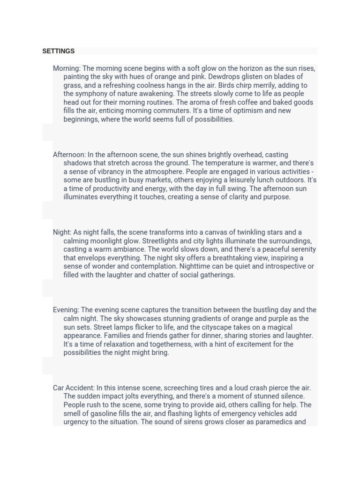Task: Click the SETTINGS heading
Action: click(58, 51)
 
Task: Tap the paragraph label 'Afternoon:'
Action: click(69, 155)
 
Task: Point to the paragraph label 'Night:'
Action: click(62, 232)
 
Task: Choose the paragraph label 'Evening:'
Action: click(66, 310)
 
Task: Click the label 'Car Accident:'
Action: click(74, 388)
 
